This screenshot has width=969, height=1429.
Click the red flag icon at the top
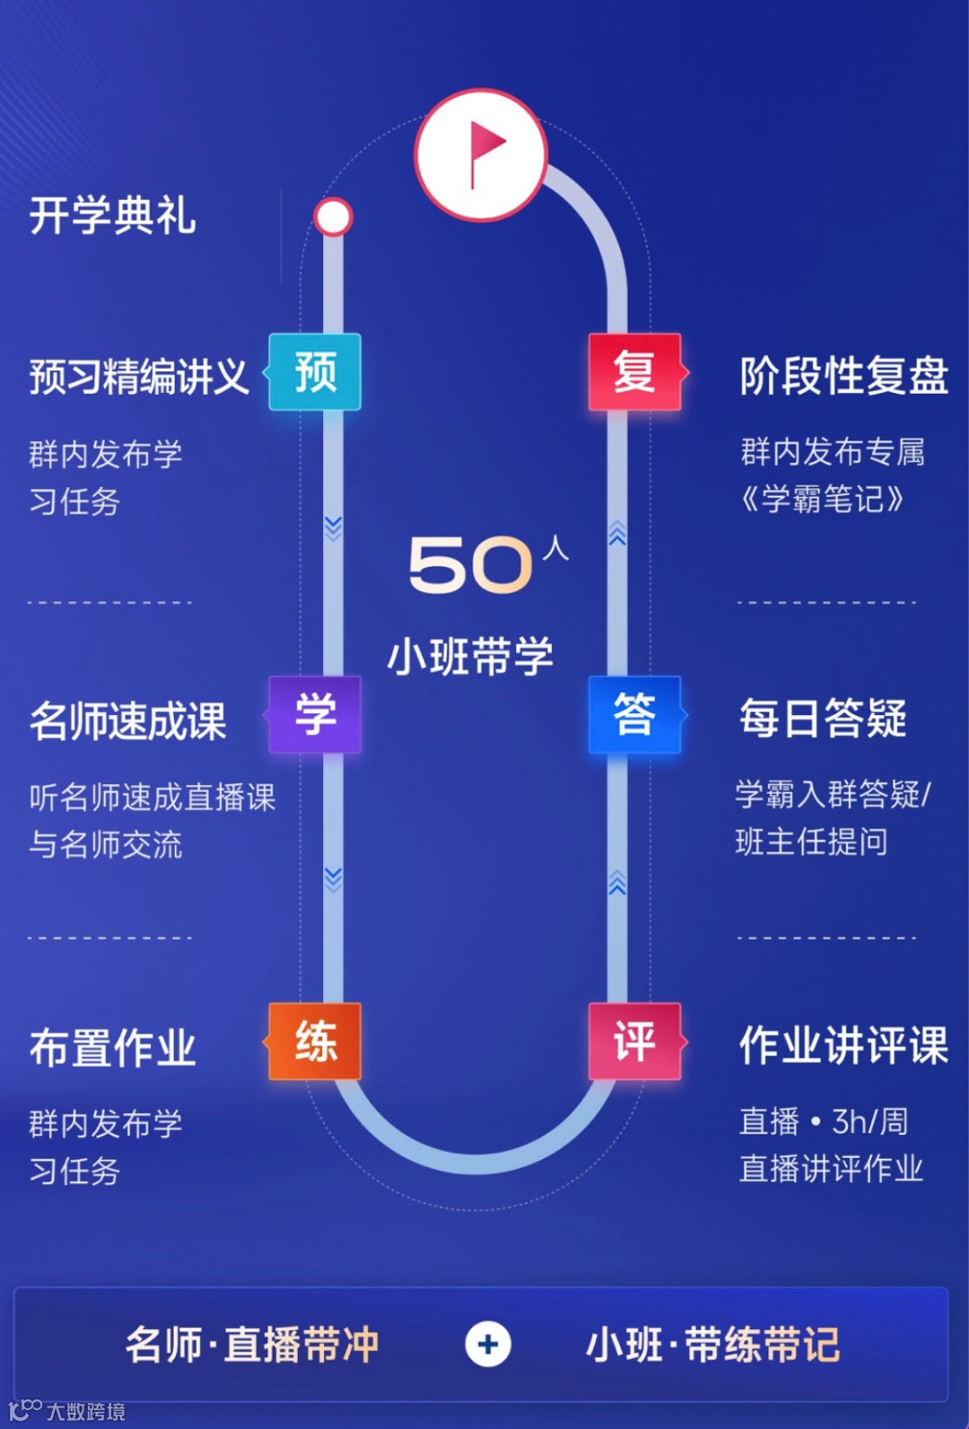(481, 154)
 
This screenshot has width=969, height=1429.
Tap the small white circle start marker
(333, 217)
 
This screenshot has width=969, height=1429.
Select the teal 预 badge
(315, 371)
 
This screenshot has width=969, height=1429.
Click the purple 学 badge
(315, 714)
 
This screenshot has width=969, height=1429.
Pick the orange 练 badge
(315, 1041)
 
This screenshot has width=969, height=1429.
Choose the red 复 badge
(634, 371)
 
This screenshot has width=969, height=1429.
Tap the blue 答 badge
(634, 714)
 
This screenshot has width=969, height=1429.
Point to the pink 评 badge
(634, 1041)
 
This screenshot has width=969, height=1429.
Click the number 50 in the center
(471, 565)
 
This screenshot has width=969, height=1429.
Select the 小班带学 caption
(470, 657)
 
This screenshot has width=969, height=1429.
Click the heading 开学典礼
(113, 216)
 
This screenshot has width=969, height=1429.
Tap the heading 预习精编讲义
(139, 376)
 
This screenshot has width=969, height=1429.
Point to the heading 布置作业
(113, 1048)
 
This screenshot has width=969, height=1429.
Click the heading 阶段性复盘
(843, 375)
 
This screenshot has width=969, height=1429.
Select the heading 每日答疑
(823, 719)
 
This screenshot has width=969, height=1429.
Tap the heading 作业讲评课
(843, 1045)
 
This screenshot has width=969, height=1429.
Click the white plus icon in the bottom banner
(488, 1344)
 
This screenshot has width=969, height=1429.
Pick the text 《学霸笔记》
(822, 499)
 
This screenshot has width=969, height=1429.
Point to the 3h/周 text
(869, 1121)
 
